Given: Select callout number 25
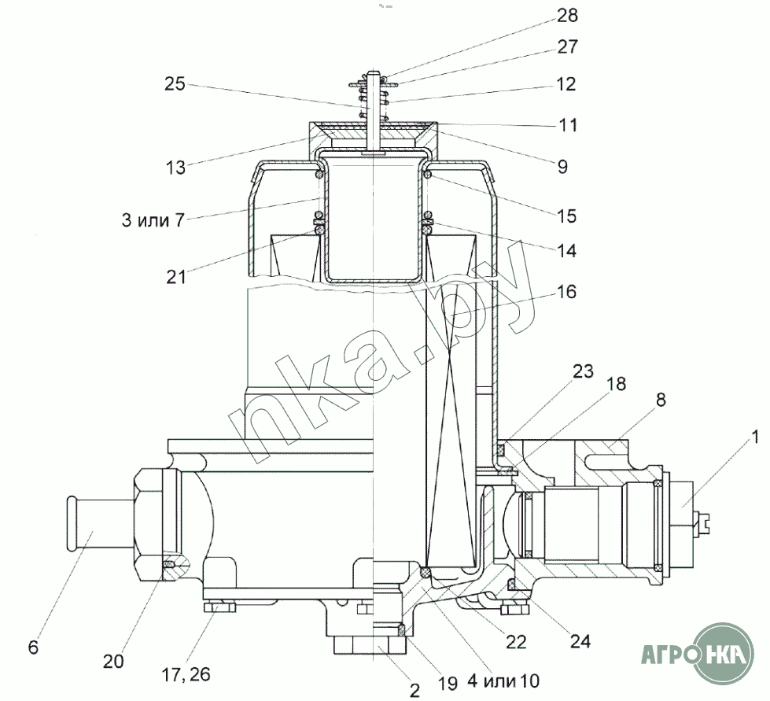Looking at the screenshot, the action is click(175, 83).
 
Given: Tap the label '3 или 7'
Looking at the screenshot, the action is click(153, 220).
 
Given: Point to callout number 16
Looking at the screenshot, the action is click(566, 292).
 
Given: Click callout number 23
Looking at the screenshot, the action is click(583, 371).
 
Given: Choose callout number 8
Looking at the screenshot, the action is click(661, 400).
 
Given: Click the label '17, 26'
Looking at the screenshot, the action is click(186, 674).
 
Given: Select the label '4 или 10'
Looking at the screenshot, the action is click(503, 681).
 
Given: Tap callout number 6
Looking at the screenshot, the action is click(33, 647).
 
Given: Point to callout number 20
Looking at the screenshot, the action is click(113, 662).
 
